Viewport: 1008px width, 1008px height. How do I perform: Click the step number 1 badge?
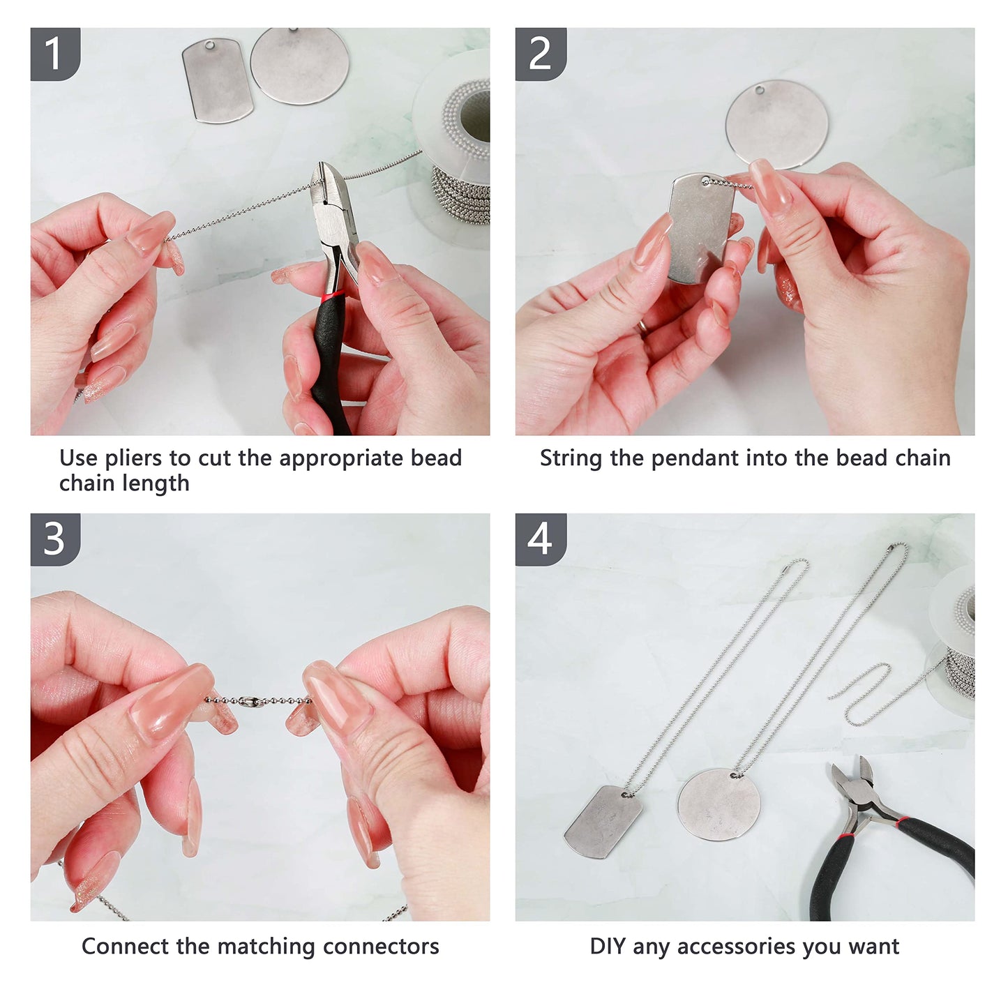pos(55,54)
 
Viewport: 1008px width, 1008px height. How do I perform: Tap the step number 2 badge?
pos(541,54)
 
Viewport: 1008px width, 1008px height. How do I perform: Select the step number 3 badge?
pos(55,539)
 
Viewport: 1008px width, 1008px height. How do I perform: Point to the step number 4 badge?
pos(541,539)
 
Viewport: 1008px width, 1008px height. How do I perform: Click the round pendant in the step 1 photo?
pos(300,66)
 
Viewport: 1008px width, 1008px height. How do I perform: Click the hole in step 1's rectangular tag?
pos(210,45)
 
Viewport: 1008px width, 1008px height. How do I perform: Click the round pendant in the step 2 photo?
pos(778,124)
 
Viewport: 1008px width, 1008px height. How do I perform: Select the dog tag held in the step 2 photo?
pos(701,229)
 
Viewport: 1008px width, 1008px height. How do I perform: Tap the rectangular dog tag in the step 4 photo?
pos(603,822)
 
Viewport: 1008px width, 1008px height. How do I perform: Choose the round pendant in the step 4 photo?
pos(719,804)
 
